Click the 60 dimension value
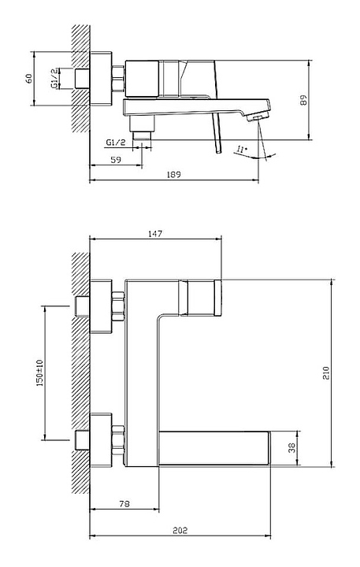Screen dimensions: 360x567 tap(28, 79)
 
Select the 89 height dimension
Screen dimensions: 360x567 tap(303, 100)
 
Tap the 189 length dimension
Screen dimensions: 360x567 tap(173, 175)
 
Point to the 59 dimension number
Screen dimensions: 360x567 tap(116, 160)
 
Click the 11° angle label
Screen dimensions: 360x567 tap(242, 149)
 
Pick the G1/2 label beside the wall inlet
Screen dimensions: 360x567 tap(54, 79)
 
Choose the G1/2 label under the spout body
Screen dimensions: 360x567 tap(116, 143)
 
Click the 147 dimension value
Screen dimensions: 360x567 tap(155, 234)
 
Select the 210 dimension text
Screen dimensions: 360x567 tap(326, 372)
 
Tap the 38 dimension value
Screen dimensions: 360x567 tap(291, 447)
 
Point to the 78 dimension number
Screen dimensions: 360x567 tap(124, 503)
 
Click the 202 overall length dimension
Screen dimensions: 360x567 tap(180, 531)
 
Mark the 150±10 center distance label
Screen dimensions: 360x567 tap(39, 372)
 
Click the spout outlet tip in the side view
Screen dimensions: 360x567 tap(258, 117)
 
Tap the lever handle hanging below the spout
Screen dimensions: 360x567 tap(217, 133)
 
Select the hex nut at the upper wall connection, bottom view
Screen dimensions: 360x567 tap(118, 306)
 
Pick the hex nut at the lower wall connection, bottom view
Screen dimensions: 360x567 tap(118, 440)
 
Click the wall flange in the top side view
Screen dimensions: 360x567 tap(101, 79)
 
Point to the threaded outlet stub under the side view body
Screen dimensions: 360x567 tap(142, 135)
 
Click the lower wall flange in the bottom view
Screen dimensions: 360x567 tap(101, 440)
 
